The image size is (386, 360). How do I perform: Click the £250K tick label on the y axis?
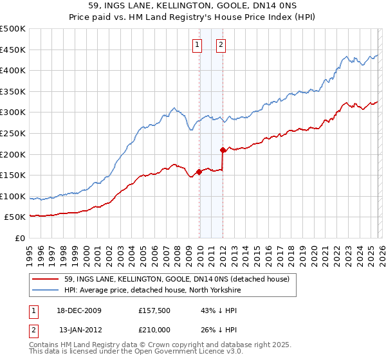tap(13, 133)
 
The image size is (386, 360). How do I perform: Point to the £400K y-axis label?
tap(13, 70)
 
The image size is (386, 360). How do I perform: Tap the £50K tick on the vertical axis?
tap(15, 217)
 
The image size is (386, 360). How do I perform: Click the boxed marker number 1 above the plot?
tap(198, 45)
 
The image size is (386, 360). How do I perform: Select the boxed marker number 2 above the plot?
tap(221, 45)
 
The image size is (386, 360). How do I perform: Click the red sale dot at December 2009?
tap(199, 171)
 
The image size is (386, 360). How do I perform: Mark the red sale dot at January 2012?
tap(223, 150)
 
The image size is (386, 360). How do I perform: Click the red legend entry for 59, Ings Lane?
tap(177, 279)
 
